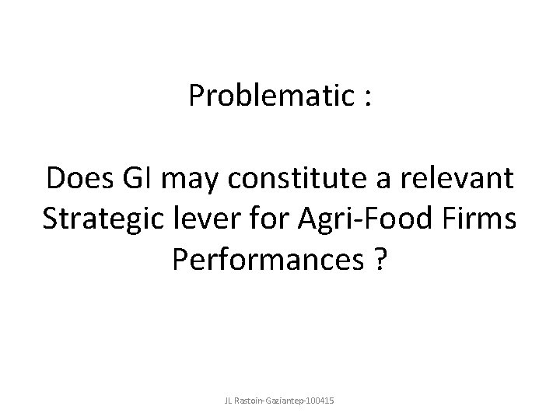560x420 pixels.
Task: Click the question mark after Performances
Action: coord(380,262)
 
